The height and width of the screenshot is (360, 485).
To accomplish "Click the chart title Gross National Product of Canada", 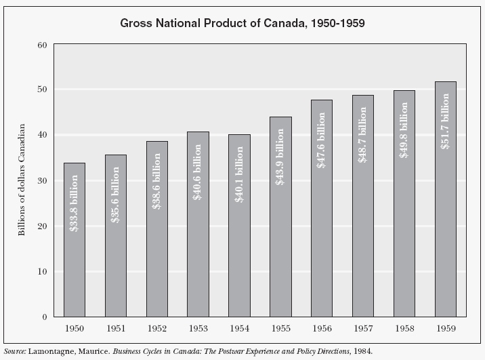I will point(242,23).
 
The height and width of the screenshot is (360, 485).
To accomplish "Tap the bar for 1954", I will point(239,271).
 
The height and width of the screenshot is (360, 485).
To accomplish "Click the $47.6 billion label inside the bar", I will point(322,141).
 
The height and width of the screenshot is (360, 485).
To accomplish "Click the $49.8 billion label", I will point(404,131).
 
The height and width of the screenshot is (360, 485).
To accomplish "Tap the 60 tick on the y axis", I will point(41,45).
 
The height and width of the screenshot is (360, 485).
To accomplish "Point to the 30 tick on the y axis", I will point(41,181).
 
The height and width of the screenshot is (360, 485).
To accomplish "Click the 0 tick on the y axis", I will point(44,317).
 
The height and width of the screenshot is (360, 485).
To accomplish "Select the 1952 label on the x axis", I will point(157,329).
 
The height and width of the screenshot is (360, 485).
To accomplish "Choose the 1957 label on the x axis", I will point(363,329).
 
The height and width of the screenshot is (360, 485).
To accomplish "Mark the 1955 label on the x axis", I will point(280,329).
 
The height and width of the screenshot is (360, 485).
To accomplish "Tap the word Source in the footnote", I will point(14,353).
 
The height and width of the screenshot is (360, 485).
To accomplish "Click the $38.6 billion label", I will point(157,181).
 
